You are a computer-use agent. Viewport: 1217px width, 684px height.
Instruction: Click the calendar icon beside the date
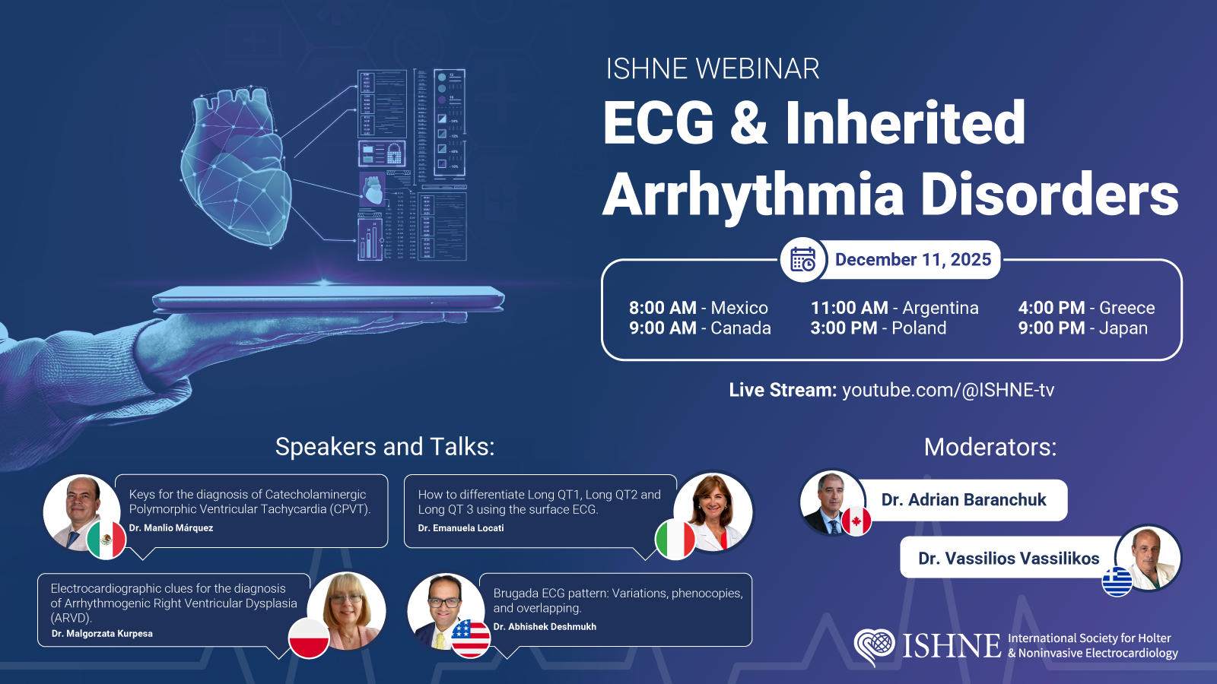[803, 259]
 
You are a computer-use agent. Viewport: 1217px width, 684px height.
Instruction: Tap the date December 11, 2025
[913, 259]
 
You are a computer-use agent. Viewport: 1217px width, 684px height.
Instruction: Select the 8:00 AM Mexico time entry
[698, 308]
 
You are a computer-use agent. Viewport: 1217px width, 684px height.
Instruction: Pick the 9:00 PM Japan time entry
[1083, 328]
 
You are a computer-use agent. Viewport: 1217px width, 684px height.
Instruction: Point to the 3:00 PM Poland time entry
[878, 328]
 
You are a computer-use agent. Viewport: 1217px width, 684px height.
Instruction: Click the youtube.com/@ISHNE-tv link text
[948, 390]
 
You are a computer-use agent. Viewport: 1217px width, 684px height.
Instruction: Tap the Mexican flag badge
[106, 540]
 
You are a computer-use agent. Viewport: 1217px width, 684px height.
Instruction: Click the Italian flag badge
[675, 540]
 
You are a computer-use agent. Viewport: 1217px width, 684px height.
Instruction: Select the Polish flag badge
[309, 638]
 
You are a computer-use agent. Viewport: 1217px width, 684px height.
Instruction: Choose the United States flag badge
[471, 638]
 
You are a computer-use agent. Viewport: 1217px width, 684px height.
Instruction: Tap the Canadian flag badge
[856, 521]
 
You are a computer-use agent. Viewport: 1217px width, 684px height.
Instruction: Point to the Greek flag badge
[1117, 581]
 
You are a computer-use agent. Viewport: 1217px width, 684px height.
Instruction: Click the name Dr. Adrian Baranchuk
[963, 499]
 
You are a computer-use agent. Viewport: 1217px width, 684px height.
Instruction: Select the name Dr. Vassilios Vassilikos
[1009, 558]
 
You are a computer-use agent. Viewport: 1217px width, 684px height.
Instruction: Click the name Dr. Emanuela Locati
[461, 527]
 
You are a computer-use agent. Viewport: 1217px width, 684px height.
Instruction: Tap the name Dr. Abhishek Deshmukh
[545, 626]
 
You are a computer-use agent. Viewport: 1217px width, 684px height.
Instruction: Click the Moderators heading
[990, 448]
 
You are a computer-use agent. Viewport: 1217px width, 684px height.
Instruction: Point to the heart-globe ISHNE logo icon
[874, 647]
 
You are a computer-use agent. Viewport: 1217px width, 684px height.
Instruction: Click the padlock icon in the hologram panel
[395, 154]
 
